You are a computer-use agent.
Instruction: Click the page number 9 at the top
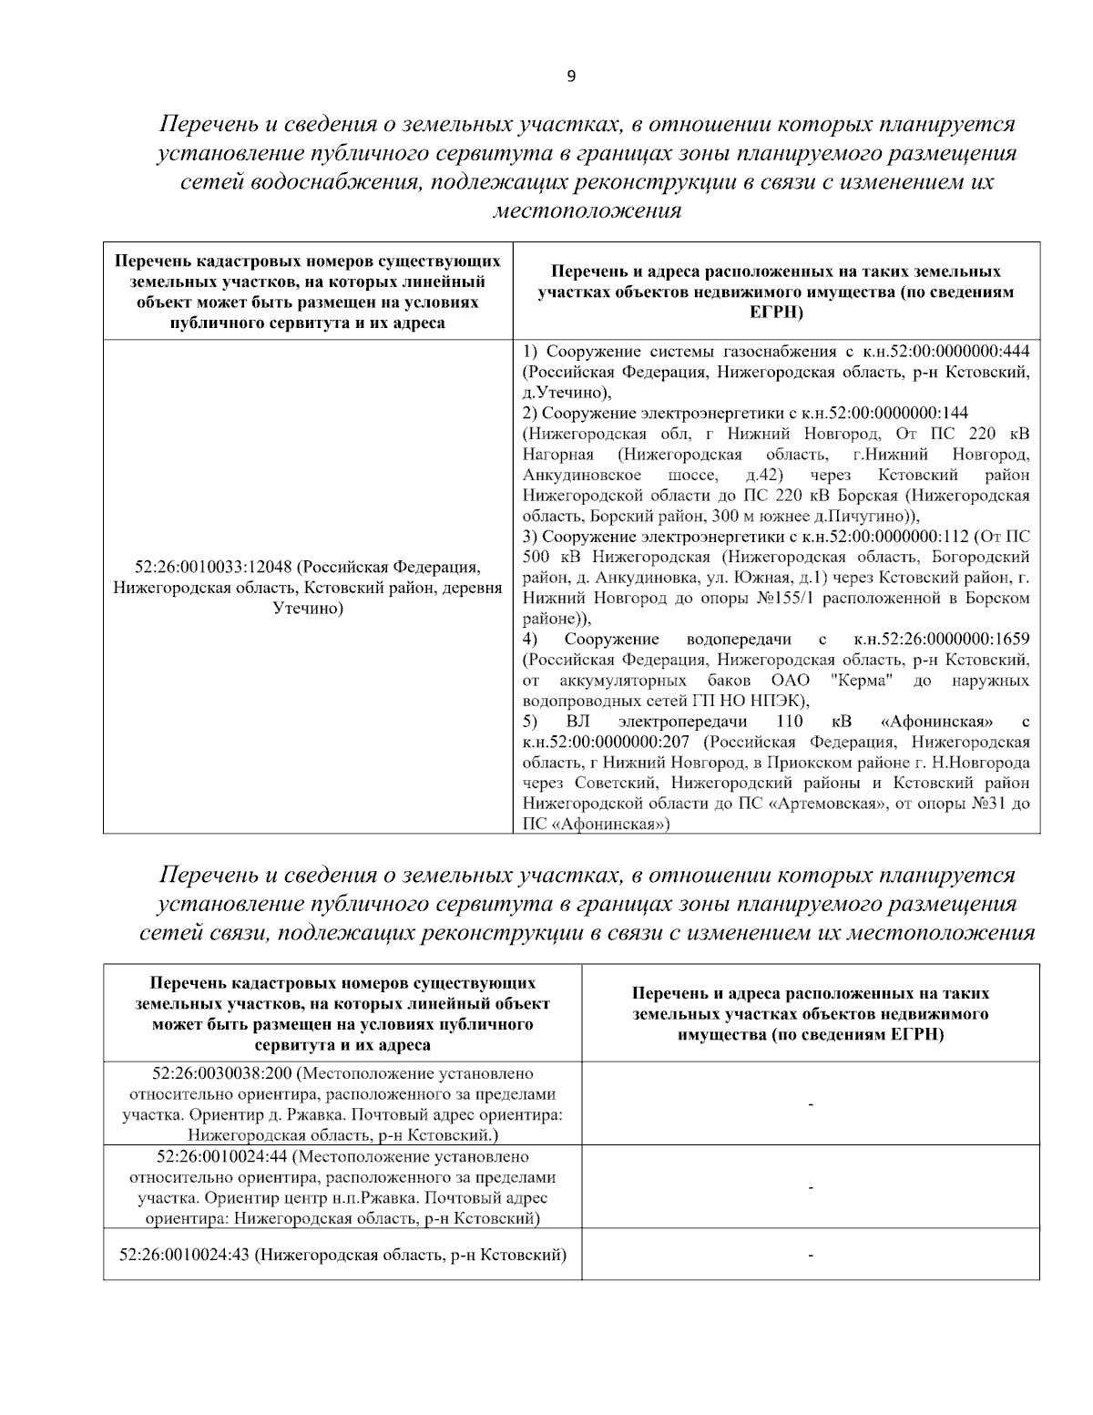[x=571, y=77]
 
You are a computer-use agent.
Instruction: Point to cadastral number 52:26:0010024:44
[x=221, y=1157]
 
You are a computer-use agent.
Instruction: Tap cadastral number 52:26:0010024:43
[x=184, y=1255]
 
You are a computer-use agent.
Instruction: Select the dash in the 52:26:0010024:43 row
[x=810, y=1256]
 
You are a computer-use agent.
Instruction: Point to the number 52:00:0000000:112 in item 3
[x=907, y=536]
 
